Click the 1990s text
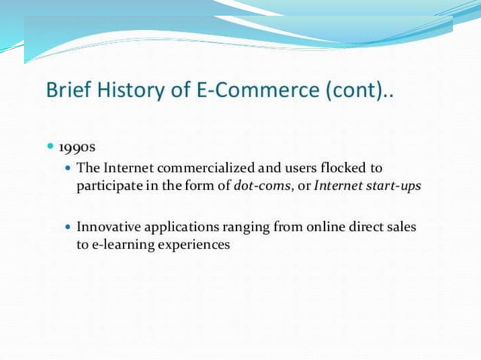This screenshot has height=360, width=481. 76,145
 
